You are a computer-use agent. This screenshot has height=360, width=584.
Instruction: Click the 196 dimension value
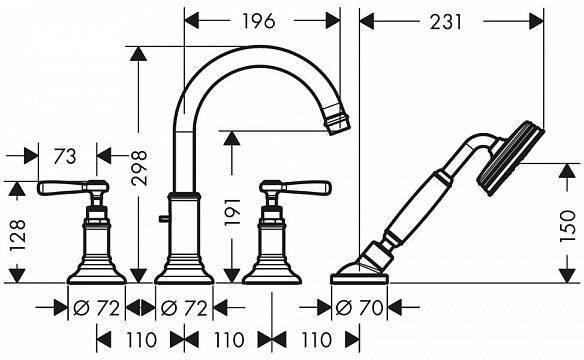click(259, 21)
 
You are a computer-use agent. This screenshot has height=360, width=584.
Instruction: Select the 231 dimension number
click(445, 22)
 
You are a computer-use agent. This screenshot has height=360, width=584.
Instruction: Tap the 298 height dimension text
click(140, 168)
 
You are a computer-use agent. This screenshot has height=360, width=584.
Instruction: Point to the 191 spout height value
click(232, 213)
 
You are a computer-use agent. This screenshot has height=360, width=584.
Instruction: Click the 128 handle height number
click(18, 236)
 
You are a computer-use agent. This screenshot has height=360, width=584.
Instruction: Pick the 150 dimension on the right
click(568, 226)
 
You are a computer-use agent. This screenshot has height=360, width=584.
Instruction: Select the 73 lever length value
click(65, 157)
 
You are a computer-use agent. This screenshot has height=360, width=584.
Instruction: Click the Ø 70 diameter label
click(359, 308)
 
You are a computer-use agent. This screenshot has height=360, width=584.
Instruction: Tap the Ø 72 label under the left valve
click(96, 308)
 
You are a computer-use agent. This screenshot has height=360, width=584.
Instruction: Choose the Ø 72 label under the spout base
click(184, 308)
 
